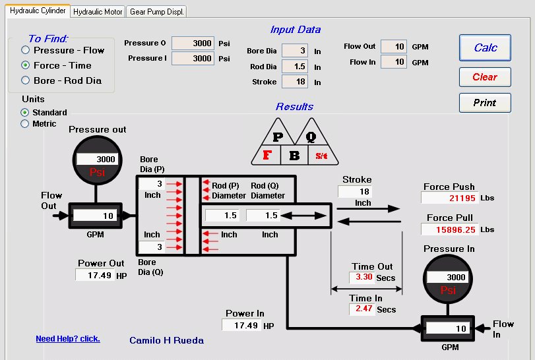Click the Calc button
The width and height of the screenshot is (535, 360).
click(x=485, y=47)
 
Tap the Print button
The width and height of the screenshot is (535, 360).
click(x=485, y=103)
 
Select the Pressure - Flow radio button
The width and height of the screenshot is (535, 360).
click(x=25, y=50)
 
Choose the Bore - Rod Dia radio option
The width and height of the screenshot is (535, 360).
click(x=25, y=80)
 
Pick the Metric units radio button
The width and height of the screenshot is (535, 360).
click(x=24, y=123)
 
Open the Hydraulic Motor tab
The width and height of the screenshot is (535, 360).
click(x=98, y=12)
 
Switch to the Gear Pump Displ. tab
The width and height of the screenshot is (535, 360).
click(x=156, y=12)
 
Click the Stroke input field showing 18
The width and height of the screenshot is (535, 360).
click(x=295, y=82)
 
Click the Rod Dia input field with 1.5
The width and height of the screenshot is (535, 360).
click(x=295, y=66)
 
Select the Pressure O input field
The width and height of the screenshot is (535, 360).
click(x=193, y=44)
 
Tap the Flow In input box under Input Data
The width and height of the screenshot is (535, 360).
click(x=394, y=62)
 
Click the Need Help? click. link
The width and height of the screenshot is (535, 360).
click(x=68, y=338)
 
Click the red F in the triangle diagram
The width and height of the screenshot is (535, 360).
click(x=267, y=155)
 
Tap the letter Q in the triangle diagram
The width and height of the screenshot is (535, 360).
click(x=311, y=136)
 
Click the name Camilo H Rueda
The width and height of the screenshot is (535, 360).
click(x=166, y=340)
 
